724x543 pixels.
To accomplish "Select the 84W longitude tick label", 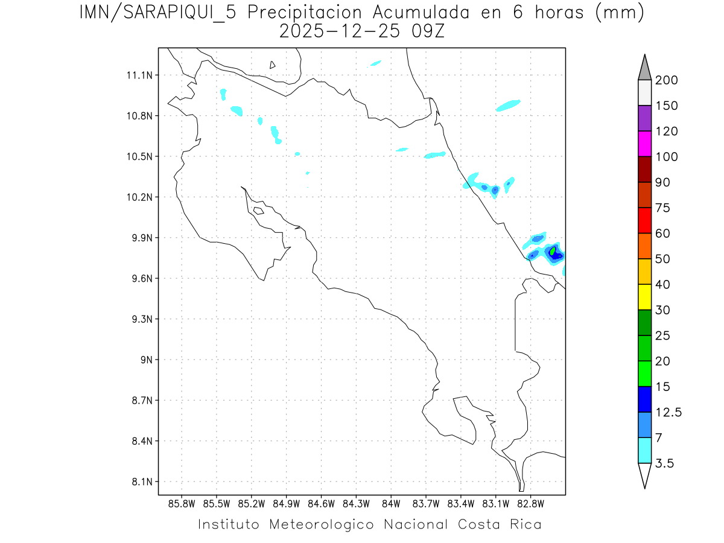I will coord(391,503).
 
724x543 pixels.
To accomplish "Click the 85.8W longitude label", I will coord(182,503).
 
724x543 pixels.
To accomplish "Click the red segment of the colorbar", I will coord(644,220).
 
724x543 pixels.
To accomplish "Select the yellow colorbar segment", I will coord(644,297).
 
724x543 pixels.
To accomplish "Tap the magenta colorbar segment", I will coord(644,144).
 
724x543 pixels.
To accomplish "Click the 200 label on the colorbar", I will coord(667,80).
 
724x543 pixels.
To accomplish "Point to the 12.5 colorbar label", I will coord(668,413).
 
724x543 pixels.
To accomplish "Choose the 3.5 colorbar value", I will coord(665,463).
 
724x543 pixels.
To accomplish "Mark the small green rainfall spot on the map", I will coord(553,250).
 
